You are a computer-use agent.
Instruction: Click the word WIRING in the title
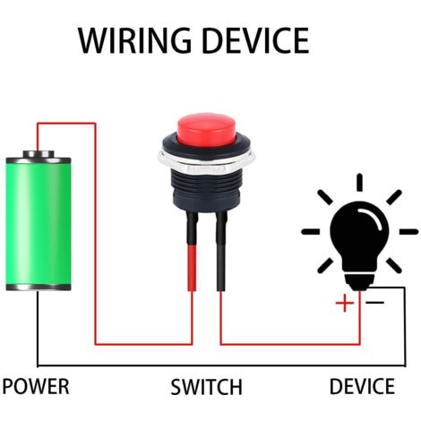tap(134, 40)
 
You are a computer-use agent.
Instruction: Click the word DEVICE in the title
tap(255, 40)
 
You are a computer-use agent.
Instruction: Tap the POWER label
tap(36, 386)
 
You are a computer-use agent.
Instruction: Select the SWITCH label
tap(206, 387)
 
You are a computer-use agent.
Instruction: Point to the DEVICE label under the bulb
tap(362, 386)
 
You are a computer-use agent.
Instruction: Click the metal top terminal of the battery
tap(39, 154)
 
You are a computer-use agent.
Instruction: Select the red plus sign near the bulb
tap(345, 303)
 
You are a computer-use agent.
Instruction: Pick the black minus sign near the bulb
tap(375, 303)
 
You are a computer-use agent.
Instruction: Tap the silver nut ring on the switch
tap(206, 161)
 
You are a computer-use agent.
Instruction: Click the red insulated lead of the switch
tap(193, 268)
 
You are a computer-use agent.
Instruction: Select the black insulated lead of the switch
tap(221, 251)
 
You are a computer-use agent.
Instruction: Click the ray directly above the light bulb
tap(359, 182)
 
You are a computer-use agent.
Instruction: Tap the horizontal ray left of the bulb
tap(311, 231)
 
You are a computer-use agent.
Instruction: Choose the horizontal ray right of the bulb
tap(408, 231)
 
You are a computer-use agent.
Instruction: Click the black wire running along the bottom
tap(221, 365)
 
